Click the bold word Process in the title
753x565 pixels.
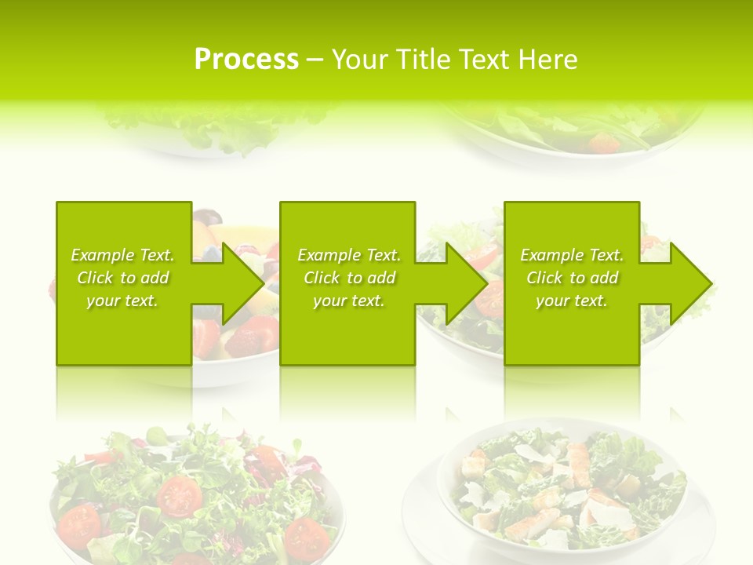point(246,60)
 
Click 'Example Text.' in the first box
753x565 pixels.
point(122,255)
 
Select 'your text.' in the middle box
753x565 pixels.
point(349,301)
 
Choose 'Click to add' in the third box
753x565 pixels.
point(573,278)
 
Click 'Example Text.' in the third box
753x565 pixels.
point(573,255)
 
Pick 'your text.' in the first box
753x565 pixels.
point(122,301)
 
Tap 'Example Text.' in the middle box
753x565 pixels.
point(349,255)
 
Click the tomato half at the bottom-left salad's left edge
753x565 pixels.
point(78,523)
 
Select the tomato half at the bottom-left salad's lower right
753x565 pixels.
point(304,537)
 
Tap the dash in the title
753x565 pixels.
point(315,60)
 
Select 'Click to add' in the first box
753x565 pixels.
point(122,278)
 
